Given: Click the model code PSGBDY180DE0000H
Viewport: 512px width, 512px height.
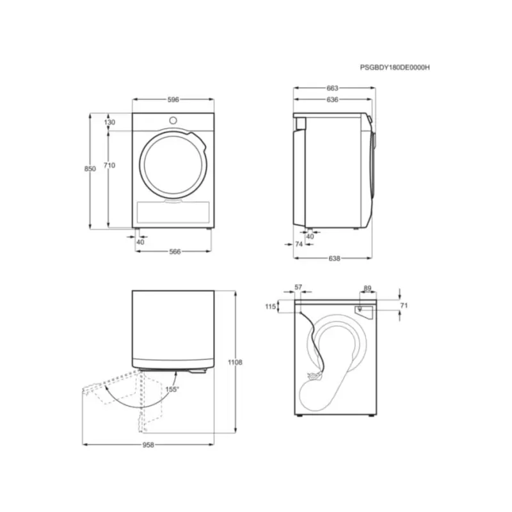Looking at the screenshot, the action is [395, 68].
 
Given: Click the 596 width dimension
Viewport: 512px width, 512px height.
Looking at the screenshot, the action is [173, 100].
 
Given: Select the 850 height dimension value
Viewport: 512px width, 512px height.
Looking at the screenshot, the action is [90, 168].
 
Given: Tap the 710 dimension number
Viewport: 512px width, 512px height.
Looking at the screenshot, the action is [109, 165].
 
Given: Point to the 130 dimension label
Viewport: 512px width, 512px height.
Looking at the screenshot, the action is [109, 122].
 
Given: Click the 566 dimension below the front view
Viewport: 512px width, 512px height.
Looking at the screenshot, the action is [175, 252].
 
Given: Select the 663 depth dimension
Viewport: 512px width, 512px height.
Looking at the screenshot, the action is [332, 88].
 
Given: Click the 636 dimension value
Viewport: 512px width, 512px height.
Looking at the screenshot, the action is [332, 100].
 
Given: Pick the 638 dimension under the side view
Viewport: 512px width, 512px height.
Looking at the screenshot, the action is [334, 259].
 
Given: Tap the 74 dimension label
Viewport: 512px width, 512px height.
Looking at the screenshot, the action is [299, 244].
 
